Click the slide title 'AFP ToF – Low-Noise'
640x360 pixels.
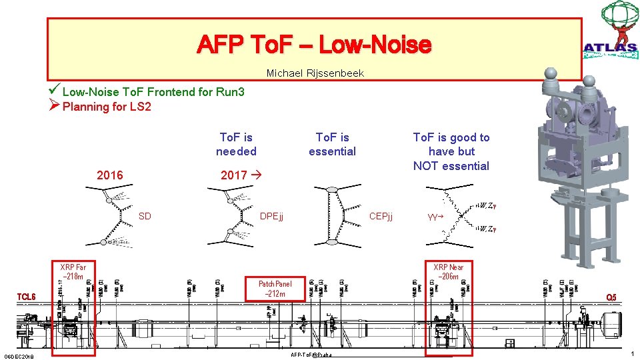pyautogui.click(x=314, y=45)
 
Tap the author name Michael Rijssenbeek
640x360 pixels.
pyautogui.click(x=315, y=73)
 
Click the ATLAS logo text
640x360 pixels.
pyautogui.click(x=610, y=47)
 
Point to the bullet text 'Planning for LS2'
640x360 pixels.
pyautogui.click(x=107, y=107)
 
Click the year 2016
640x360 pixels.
pyautogui.click(x=110, y=175)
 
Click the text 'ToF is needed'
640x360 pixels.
pyautogui.click(x=236, y=145)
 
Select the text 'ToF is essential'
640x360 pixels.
pyautogui.click(x=332, y=145)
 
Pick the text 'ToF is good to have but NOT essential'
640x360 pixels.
pyautogui.click(x=451, y=151)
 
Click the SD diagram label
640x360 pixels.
pyautogui.click(x=145, y=216)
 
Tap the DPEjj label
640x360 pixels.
pyautogui.click(x=271, y=216)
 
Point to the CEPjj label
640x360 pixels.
pyautogui.click(x=381, y=216)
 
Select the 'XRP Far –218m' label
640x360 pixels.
pyautogui.click(x=73, y=272)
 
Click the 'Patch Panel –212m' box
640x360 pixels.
pyautogui.click(x=275, y=289)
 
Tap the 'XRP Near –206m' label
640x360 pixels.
pyautogui.click(x=448, y=272)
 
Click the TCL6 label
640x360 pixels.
pyautogui.click(x=27, y=297)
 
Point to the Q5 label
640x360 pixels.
pyautogui.click(x=611, y=297)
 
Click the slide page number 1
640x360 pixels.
pyautogui.click(x=631, y=355)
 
